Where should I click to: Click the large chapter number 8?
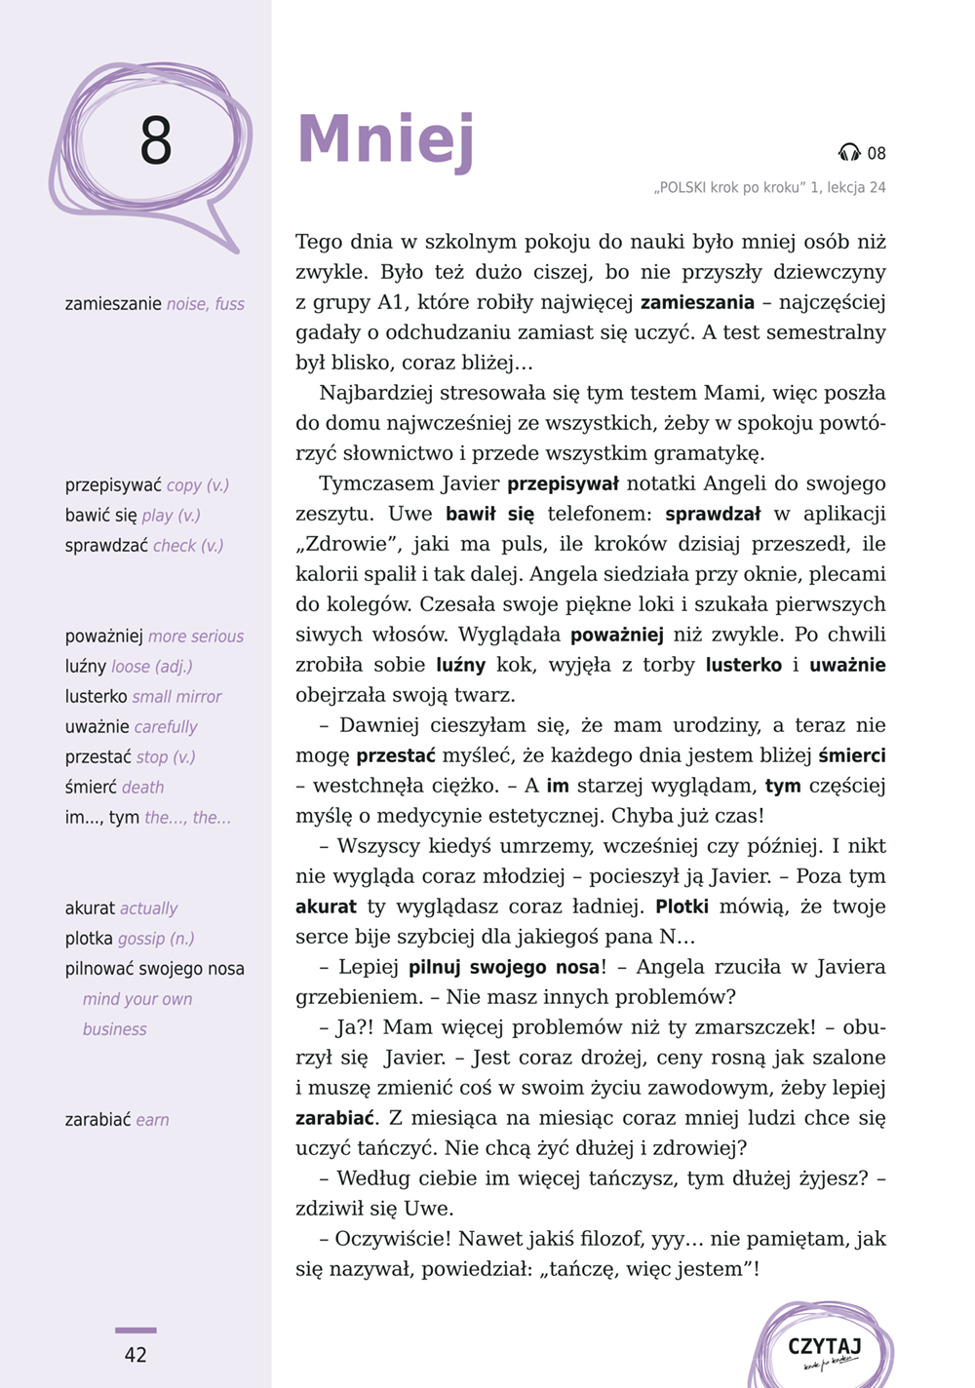coord(156,141)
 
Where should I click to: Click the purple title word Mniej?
coord(385,139)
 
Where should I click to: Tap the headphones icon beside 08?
coord(849,153)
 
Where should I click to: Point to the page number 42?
coord(136,1355)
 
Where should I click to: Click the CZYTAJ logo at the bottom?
coord(824,1350)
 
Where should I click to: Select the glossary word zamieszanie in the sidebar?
coord(113,304)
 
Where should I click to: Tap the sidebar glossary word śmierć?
coord(91,788)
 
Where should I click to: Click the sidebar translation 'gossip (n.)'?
coord(156,939)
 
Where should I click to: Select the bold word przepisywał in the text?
coord(563,484)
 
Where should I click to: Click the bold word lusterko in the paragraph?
coord(743,666)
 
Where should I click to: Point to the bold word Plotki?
coord(682,907)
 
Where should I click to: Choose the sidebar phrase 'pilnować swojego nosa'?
coord(155,969)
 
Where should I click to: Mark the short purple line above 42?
coord(136,1330)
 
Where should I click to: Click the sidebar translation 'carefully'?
coord(166,727)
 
